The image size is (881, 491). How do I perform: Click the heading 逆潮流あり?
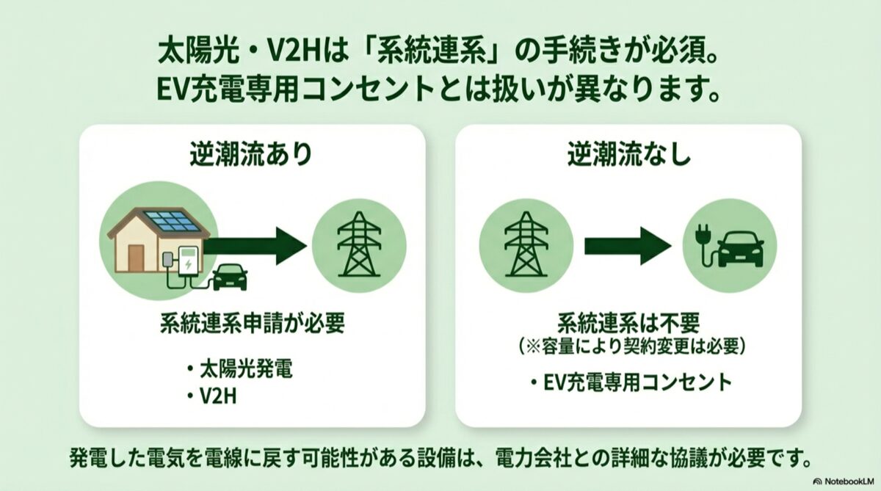pyautogui.click(x=251, y=155)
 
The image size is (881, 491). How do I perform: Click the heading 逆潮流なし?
pyautogui.click(x=629, y=155)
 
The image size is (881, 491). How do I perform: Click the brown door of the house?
pyautogui.click(x=136, y=258)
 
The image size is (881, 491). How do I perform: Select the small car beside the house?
pyautogui.click(x=230, y=277)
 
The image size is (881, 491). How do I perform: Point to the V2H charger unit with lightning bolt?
pyautogui.click(x=188, y=261)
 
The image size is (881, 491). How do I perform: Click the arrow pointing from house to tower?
pyautogui.click(x=255, y=247)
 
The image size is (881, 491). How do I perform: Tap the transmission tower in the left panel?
pyautogui.click(x=359, y=244)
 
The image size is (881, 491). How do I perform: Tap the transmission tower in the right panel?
pyautogui.click(x=526, y=244)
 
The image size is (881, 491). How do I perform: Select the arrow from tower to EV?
pyautogui.click(x=628, y=246)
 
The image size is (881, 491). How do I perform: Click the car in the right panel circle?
pyautogui.click(x=741, y=249)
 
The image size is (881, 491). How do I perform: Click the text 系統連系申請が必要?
pyautogui.click(x=252, y=324)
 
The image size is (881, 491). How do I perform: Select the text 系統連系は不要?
pyautogui.click(x=628, y=324)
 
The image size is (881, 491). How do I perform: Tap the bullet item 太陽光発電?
pyautogui.click(x=240, y=369)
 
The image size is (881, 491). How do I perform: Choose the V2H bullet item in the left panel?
pyautogui.click(x=212, y=396)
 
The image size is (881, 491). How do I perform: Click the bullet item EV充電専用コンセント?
pyautogui.click(x=631, y=382)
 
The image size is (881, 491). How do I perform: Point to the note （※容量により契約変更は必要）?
pyautogui.click(x=629, y=346)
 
